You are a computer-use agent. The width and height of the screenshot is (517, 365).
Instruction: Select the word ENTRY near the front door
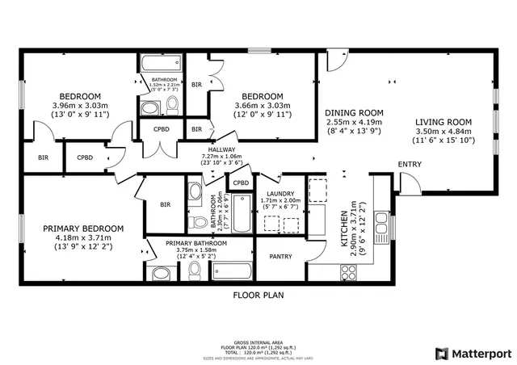tap(410, 165)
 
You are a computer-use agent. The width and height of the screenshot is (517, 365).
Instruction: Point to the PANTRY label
tap(280, 257)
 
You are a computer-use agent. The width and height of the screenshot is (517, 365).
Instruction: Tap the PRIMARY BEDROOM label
tap(83, 229)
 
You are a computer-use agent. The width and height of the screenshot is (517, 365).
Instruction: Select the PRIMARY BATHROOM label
tap(196, 243)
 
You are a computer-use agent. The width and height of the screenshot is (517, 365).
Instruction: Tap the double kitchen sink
tap(382, 229)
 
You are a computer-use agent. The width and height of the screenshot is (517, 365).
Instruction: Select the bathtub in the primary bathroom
tap(233, 271)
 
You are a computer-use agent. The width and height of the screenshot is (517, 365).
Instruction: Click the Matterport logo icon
tap(440, 353)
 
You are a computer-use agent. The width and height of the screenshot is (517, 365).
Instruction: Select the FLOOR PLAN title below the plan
tap(258, 296)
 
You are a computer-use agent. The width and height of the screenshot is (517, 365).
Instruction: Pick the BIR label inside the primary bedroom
tap(166, 205)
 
